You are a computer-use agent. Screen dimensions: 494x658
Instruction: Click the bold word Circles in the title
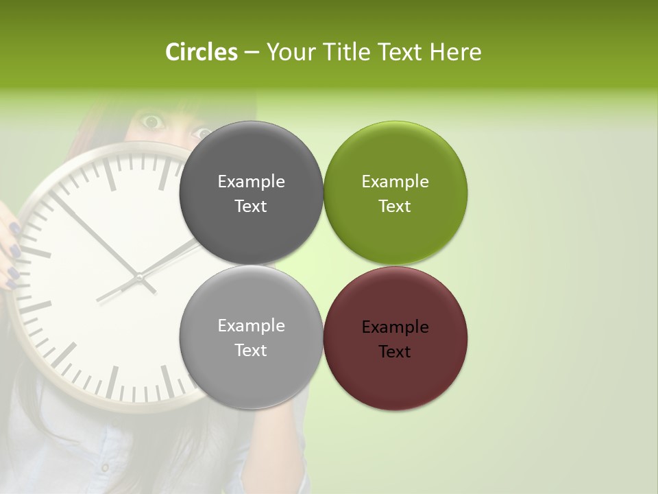coord(201,51)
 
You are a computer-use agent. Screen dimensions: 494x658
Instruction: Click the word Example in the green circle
coord(395,182)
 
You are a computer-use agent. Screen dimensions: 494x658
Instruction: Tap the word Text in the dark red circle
coord(395,352)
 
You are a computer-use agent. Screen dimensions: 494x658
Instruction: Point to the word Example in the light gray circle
coord(251,326)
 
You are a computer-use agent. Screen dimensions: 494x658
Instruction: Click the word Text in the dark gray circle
coord(251,207)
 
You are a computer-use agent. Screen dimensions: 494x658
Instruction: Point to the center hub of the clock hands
coord(139,278)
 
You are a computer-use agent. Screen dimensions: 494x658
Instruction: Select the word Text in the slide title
coord(400,51)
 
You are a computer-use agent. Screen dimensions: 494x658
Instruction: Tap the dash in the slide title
coord(251,52)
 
